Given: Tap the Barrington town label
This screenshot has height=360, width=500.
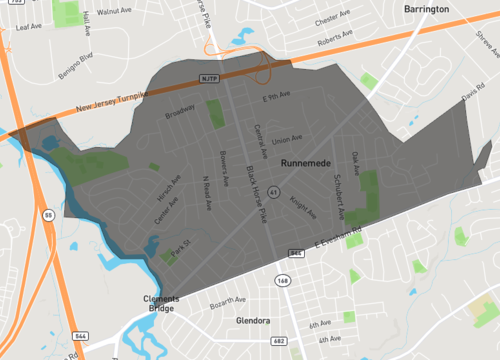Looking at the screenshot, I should click(x=456, y=9).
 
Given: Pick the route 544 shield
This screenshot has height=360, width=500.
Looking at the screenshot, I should click(x=79, y=335).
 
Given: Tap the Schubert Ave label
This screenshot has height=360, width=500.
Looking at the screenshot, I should click(x=340, y=200).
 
